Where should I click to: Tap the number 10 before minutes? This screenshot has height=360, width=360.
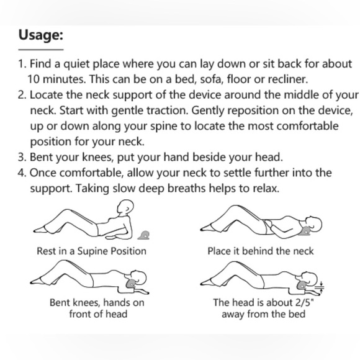[35, 79]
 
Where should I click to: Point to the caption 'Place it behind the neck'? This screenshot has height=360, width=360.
[261, 251]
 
